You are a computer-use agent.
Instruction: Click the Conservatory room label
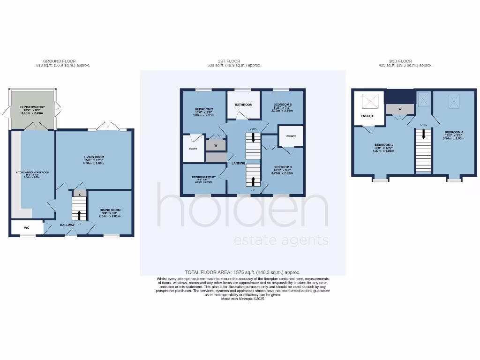(32, 107)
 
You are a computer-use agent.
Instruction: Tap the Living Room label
(94, 157)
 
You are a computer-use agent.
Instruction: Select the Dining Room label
(110, 210)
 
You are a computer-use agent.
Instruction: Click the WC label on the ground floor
(27, 228)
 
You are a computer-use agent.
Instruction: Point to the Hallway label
(67, 225)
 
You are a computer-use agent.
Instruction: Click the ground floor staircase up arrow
(79, 215)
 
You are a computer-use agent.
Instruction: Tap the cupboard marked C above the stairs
(80, 194)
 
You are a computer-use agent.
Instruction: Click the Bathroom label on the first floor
(244, 105)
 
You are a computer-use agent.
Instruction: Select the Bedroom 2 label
(204, 109)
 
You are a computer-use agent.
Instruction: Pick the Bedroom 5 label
(282, 105)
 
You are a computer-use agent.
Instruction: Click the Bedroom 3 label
(282, 167)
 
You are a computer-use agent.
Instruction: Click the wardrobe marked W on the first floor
(216, 145)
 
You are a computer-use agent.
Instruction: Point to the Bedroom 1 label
(383, 145)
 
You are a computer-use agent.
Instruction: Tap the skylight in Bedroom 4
(454, 99)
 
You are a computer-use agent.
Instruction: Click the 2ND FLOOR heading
(400, 61)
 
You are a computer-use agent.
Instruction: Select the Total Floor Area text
(242, 272)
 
